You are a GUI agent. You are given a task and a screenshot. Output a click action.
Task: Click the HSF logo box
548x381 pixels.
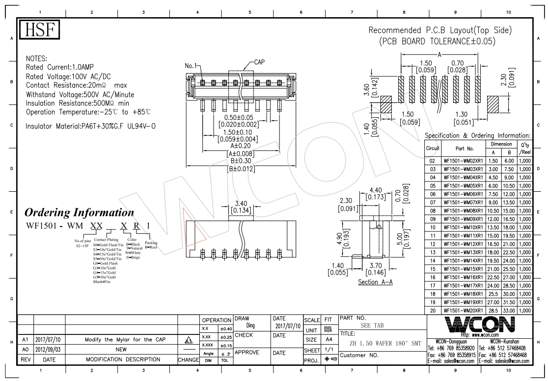[x=39, y=31]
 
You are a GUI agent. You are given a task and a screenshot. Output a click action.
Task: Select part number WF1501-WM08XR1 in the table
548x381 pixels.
[x=463, y=210]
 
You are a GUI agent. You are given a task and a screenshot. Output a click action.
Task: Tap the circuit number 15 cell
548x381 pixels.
[x=433, y=269]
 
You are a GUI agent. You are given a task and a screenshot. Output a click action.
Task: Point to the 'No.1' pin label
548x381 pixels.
[x=191, y=66]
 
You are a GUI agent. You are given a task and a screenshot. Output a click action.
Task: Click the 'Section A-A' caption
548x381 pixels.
[x=375, y=282]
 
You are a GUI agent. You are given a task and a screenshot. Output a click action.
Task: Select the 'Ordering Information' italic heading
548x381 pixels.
[x=79, y=213]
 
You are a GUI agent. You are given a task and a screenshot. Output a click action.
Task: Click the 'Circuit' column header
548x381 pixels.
[x=433, y=148]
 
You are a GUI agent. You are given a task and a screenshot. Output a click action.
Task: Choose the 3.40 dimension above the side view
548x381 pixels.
[x=241, y=203]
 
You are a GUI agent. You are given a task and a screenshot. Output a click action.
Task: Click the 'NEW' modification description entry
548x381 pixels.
[x=121, y=350]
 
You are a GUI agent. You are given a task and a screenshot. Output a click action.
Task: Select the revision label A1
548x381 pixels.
[x=25, y=340]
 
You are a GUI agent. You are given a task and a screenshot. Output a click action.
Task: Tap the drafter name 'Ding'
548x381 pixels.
[x=250, y=325]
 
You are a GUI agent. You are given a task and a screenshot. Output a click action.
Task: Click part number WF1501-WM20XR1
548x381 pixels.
[x=463, y=310]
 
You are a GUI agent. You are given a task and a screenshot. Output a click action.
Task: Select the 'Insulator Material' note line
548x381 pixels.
[x=91, y=126]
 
